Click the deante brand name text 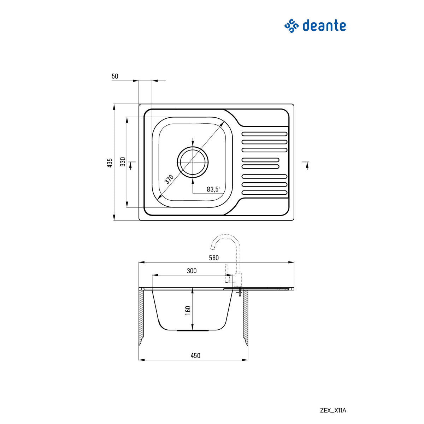(324, 26)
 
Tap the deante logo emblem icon (292, 26)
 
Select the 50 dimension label (115, 76)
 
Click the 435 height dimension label (110, 163)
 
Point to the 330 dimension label (123, 162)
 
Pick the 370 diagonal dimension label (169, 179)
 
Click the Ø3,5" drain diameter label (213, 189)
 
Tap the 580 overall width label (214, 258)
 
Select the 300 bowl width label (192, 271)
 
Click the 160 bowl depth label (188, 310)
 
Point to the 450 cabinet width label (195, 355)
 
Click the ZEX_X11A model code (333, 411)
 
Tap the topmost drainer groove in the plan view (264, 134)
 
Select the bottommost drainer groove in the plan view (264, 193)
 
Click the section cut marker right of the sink (307, 165)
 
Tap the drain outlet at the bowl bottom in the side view (193, 331)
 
